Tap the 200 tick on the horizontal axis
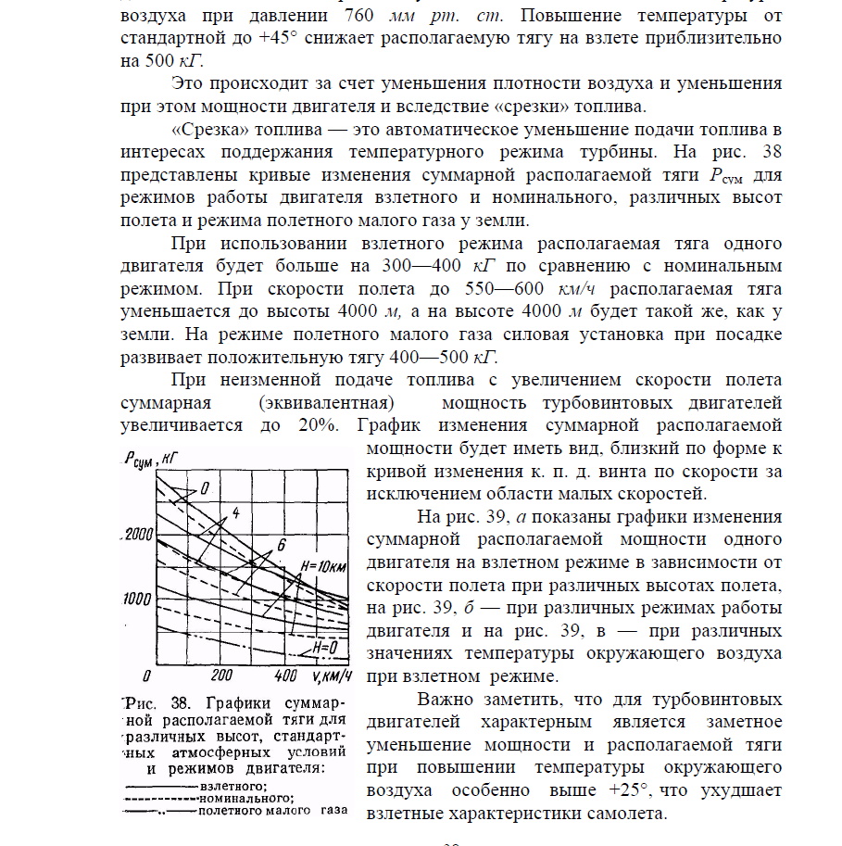click(222, 675)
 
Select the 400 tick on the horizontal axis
click(286, 675)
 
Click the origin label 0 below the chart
click(146, 675)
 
